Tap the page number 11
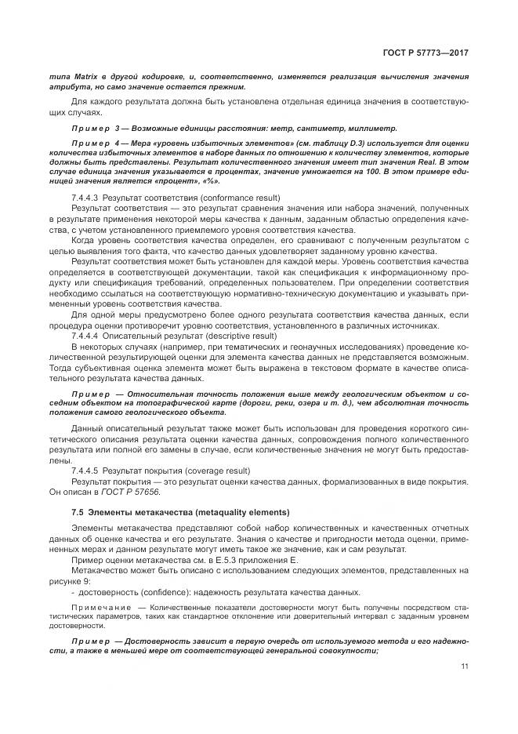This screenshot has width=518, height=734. click(465, 667)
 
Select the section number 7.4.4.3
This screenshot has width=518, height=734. click(85, 196)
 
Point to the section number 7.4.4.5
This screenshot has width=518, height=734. click(85, 469)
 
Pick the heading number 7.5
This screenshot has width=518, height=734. click(77, 511)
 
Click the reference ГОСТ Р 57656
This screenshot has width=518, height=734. click(134, 491)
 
